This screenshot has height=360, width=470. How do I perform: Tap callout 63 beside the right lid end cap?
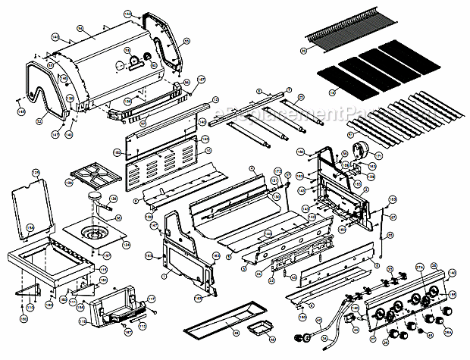pyautogui.click(x=127, y=14)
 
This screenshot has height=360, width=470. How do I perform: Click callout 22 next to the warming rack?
pyautogui.click(x=303, y=51)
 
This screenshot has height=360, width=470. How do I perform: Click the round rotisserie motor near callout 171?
pyautogui.click(x=357, y=148)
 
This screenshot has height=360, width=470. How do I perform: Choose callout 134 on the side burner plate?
pyautogui.click(x=126, y=245)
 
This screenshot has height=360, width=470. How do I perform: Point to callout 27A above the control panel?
pyautogui.click(x=418, y=267)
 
